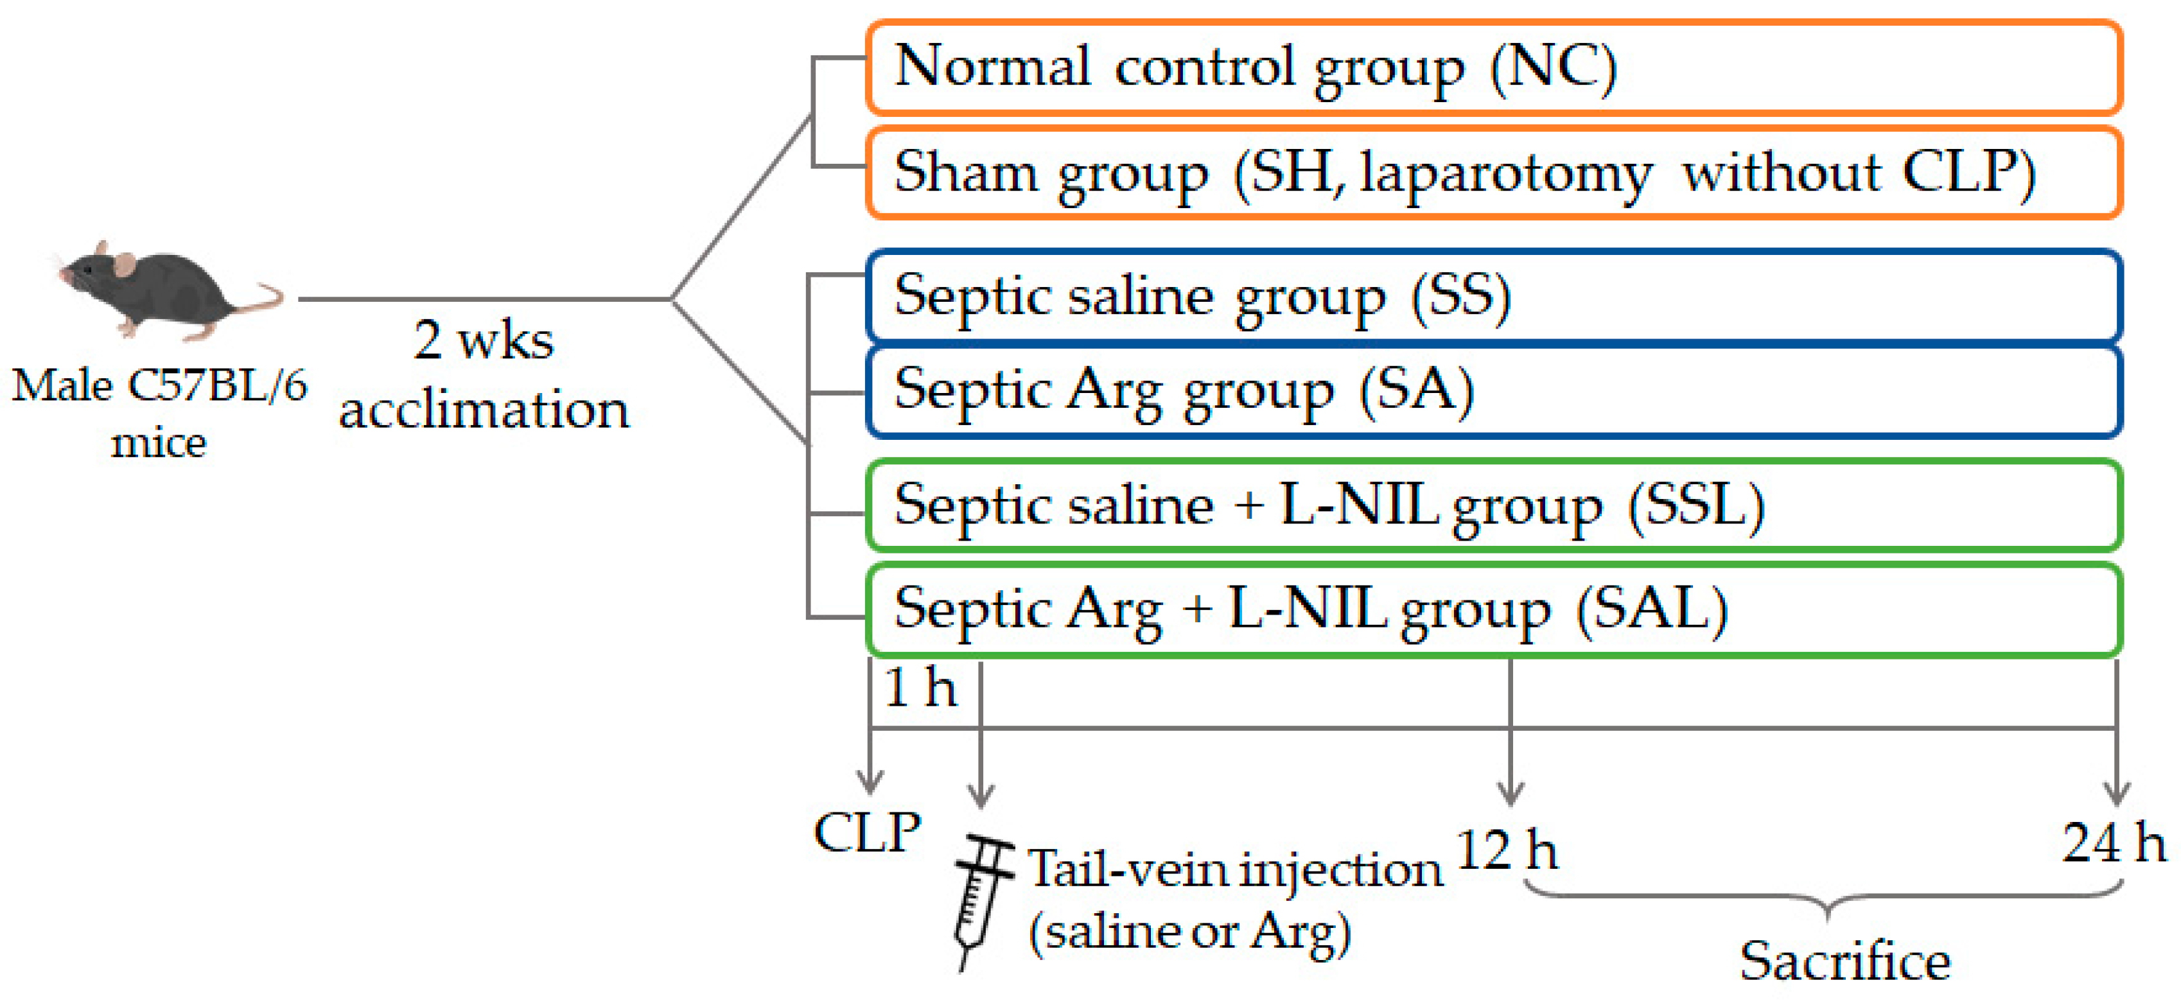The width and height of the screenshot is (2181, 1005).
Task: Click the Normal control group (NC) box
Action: pyautogui.click(x=1494, y=67)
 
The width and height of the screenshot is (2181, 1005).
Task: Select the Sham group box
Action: pyautogui.click(x=1494, y=173)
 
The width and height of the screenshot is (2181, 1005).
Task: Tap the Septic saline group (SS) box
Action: pyautogui.click(x=1494, y=296)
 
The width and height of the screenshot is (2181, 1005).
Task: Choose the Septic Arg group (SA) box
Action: pyautogui.click(x=1494, y=391)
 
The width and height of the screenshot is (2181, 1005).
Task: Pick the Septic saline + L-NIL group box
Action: pyautogui.click(x=1494, y=505)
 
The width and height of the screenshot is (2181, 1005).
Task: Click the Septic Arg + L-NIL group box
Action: pyautogui.click(x=1494, y=609)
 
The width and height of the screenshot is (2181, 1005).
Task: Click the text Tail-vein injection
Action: pyautogui.click(x=1234, y=870)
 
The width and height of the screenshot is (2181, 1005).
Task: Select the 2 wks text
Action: pyautogui.click(x=484, y=340)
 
